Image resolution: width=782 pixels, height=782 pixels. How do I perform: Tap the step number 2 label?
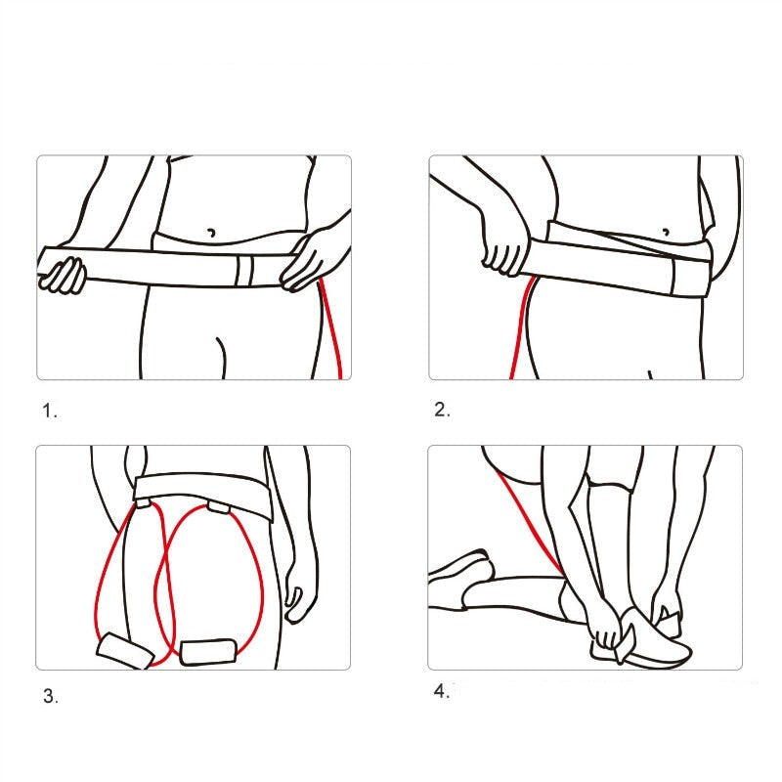click(x=442, y=411)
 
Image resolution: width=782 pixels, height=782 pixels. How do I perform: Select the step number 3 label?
click(x=51, y=697)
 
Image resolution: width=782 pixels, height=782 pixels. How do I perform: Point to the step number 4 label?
click(x=442, y=692)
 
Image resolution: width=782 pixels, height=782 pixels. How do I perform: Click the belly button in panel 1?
click(x=210, y=233)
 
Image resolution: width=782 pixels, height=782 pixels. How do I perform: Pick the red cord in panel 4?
click(x=528, y=518)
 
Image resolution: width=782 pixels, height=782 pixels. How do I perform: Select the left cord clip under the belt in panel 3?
click(x=144, y=504)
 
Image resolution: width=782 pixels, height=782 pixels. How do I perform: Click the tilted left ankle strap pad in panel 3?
click(x=123, y=650)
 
